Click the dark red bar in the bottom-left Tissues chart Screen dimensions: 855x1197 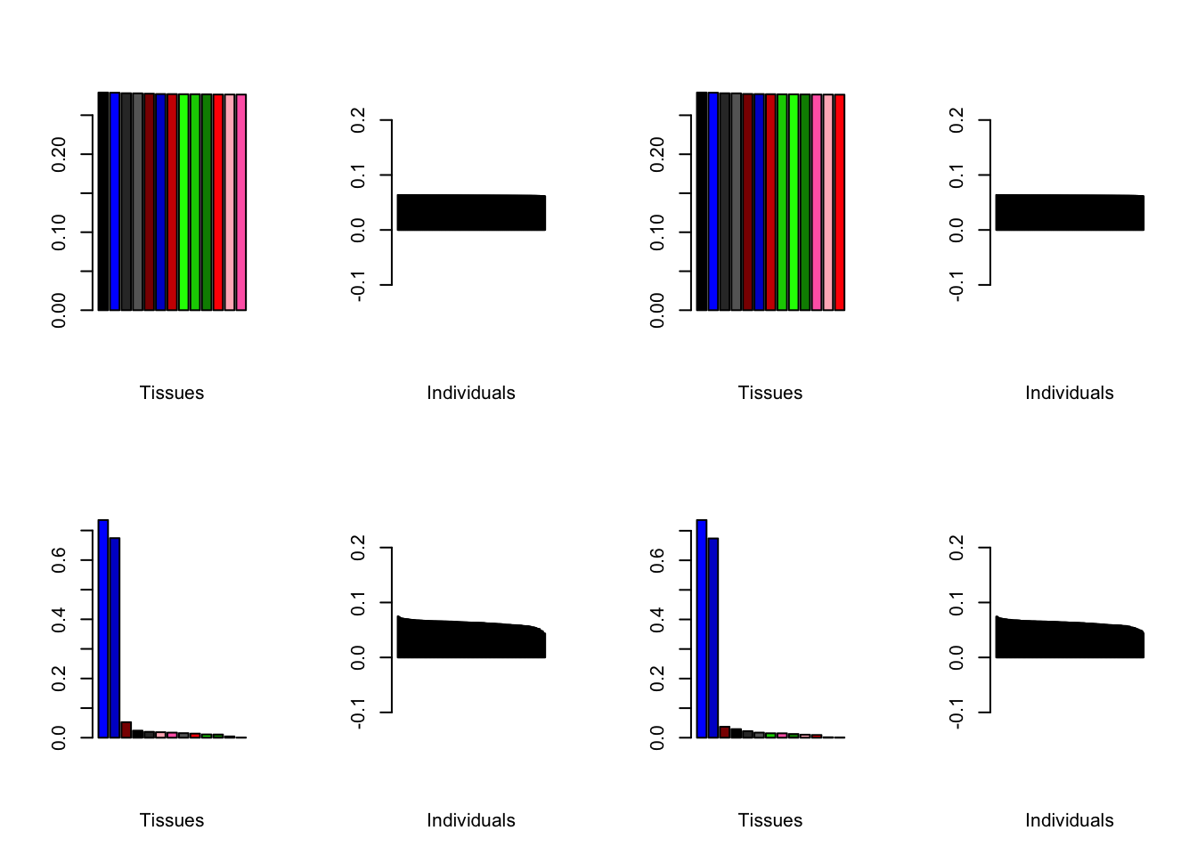click(126, 729)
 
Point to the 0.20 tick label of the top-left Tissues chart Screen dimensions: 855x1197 click(59, 155)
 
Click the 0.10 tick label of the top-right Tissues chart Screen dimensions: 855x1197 click(657, 232)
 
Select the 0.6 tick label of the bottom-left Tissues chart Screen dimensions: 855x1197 click(59, 559)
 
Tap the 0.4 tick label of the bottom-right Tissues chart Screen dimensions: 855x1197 click(657, 619)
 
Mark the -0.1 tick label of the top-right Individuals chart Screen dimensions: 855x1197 click(957, 286)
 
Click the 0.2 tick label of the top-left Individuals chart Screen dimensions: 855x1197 click(358, 120)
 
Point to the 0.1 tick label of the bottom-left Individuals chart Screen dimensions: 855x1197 click(358, 603)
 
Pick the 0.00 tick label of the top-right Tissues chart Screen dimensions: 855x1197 click(657, 311)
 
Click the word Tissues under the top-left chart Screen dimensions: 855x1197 click(172, 393)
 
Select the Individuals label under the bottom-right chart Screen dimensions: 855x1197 click(1069, 820)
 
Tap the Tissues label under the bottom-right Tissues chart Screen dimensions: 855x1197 click(770, 820)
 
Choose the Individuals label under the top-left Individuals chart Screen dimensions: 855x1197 click(471, 393)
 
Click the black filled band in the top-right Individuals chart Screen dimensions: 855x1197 click(1069, 213)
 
